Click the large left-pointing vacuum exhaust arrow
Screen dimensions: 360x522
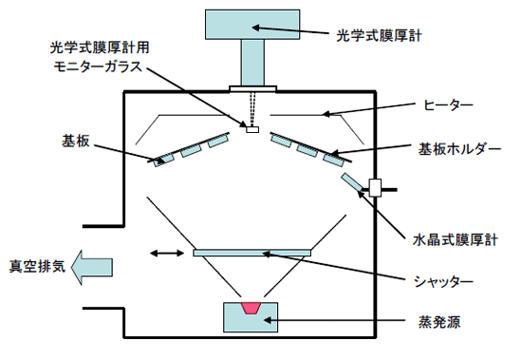tap(94, 267)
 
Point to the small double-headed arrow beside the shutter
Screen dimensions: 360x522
tap(167, 254)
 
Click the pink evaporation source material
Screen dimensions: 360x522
tap(252, 308)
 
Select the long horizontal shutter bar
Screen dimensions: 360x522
tap(252, 253)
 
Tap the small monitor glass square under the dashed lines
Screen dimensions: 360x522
tap(252, 130)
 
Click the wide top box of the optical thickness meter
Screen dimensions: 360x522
tap(252, 25)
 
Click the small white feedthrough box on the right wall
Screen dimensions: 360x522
tap(376, 187)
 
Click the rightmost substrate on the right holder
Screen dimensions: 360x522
tap(333, 158)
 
